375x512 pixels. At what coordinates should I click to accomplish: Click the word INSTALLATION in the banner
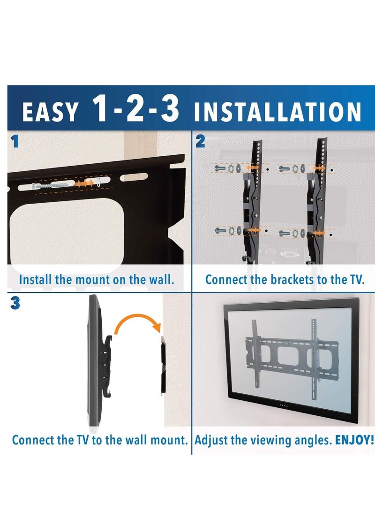(x=277, y=113)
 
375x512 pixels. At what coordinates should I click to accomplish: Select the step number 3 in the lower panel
(x=15, y=304)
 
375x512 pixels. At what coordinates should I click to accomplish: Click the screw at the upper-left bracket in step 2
(x=218, y=168)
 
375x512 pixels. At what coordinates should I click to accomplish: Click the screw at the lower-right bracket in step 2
(x=284, y=232)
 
